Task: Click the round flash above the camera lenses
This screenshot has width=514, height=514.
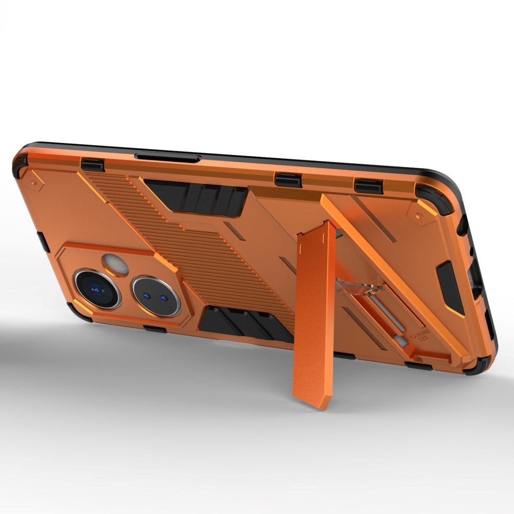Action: click(116, 264)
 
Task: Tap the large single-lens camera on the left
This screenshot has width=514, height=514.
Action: click(97, 289)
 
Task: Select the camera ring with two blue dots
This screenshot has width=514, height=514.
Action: click(156, 296)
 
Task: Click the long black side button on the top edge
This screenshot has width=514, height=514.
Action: click(168, 157)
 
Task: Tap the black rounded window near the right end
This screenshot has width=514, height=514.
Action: click(450, 288)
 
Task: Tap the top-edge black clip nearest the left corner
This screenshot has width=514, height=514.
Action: click(93, 165)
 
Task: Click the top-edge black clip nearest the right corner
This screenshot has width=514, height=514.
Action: click(368, 187)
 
